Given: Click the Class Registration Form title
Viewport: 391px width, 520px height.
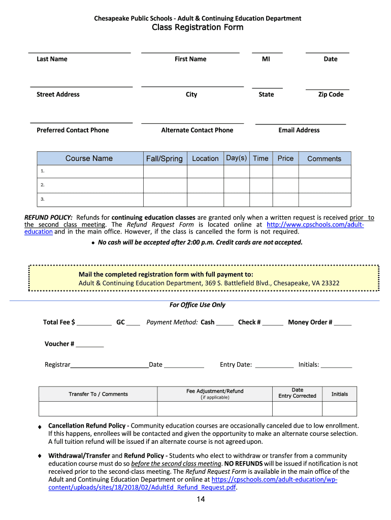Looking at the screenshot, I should (x=198, y=27).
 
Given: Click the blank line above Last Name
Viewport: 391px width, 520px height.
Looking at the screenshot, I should (x=79, y=52).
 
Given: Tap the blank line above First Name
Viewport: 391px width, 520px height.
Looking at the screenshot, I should (x=190, y=52).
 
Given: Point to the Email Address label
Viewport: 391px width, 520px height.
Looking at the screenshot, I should (x=299, y=130).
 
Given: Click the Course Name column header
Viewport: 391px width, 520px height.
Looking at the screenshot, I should (x=89, y=158).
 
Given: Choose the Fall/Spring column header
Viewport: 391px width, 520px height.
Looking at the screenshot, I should (x=164, y=158).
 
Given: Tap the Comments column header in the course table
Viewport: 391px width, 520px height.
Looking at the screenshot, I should (x=324, y=158).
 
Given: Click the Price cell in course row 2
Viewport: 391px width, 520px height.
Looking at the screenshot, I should (x=285, y=185).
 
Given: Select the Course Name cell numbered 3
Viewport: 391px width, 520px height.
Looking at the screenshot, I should (x=90, y=199).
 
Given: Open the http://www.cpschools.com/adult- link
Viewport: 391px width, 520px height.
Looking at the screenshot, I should (x=315, y=224).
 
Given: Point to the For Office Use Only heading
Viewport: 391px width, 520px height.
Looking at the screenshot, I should (x=198, y=305).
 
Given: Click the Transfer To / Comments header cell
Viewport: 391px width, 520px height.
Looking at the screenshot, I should (x=98, y=394).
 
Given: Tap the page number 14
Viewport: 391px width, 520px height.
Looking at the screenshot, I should (x=201, y=500).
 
